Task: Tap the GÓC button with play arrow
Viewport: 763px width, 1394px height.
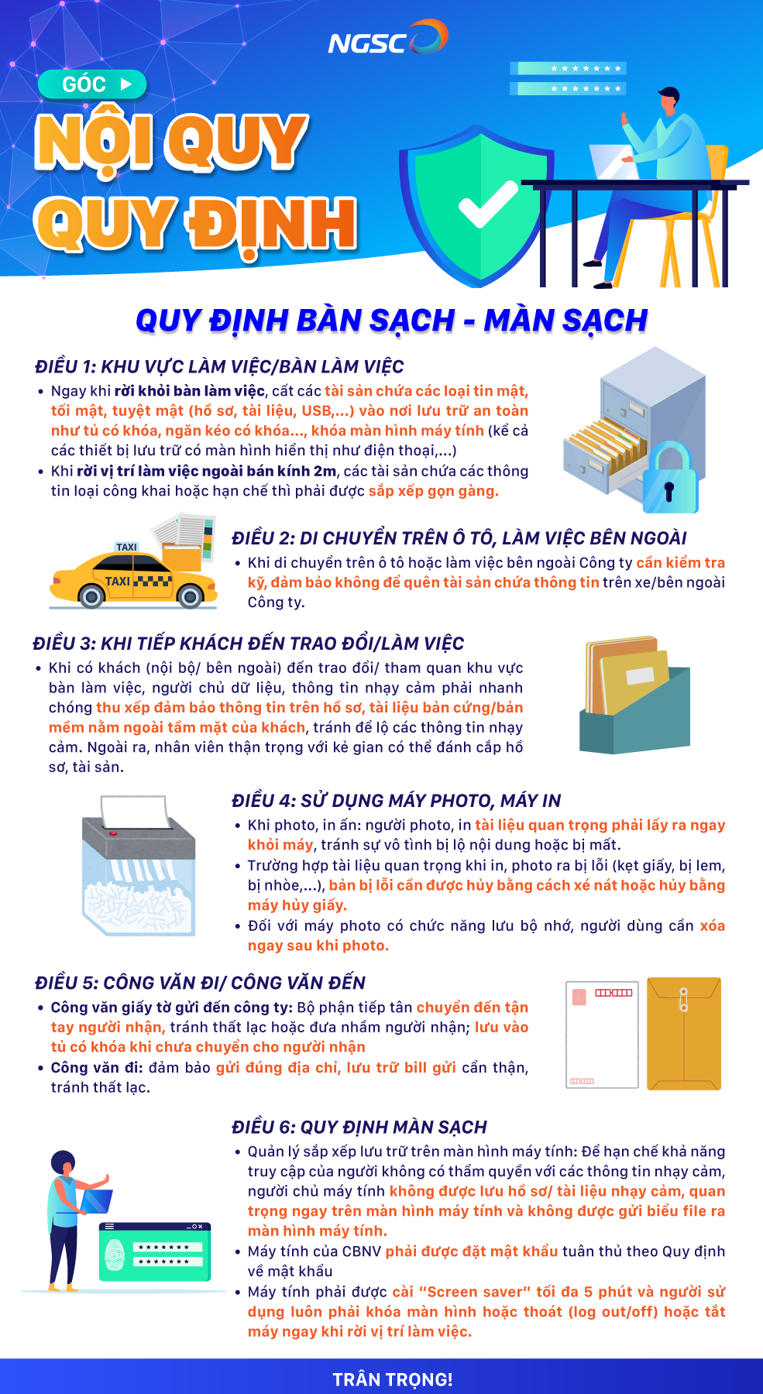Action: point(92,84)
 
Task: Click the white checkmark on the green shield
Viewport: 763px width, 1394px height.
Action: point(488,203)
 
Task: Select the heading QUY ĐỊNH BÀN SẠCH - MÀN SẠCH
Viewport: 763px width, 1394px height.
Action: point(392,320)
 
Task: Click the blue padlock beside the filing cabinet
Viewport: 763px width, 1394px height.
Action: point(670,478)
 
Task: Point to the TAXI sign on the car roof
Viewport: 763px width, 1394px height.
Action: point(126,547)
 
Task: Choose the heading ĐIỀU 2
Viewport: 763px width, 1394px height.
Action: point(459,538)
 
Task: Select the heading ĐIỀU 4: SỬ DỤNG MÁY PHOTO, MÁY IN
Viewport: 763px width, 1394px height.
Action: point(397,801)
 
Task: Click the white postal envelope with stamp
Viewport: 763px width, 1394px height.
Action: point(602,1035)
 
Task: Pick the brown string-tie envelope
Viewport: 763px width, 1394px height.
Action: point(684,1034)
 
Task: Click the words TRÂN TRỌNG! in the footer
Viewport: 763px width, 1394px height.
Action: point(393,1379)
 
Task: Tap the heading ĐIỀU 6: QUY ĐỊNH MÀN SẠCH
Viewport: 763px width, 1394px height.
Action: point(359,1127)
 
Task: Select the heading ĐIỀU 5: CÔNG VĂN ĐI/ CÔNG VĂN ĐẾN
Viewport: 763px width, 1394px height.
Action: point(200,983)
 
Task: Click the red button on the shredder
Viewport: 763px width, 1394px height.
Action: point(113,833)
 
